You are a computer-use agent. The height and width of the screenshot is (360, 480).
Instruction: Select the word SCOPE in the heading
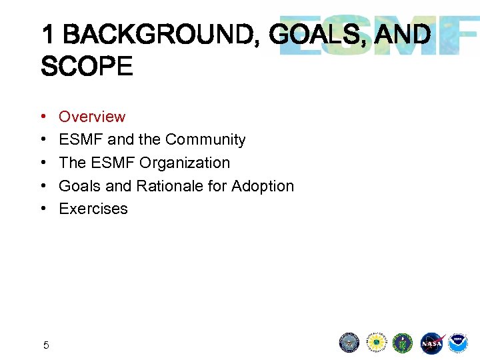pyautogui.click(x=87, y=66)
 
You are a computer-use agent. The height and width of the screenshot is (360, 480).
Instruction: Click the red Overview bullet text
pyautogui.click(x=92, y=117)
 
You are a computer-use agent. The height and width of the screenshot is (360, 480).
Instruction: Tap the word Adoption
pyautogui.click(x=263, y=186)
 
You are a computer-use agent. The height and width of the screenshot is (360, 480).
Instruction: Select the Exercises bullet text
pyautogui.click(x=93, y=209)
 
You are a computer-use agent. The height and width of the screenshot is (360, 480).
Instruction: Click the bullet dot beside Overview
pyautogui.click(x=43, y=117)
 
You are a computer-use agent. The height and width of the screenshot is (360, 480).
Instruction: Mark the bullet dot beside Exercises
pyautogui.click(x=43, y=209)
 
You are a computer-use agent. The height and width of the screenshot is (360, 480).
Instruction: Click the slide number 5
pyautogui.click(x=46, y=345)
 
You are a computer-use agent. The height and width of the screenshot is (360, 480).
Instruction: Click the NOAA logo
pyautogui.click(x=458, y=343)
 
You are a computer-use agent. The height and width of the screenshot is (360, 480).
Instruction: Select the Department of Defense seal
pyautogui.click(x=349, y=343)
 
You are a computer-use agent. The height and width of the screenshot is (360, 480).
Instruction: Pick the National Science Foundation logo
pyautogui.click(x=377, y=343)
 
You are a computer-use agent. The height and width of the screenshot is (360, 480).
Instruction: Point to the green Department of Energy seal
pyautogui.click(x=403, y=343)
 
